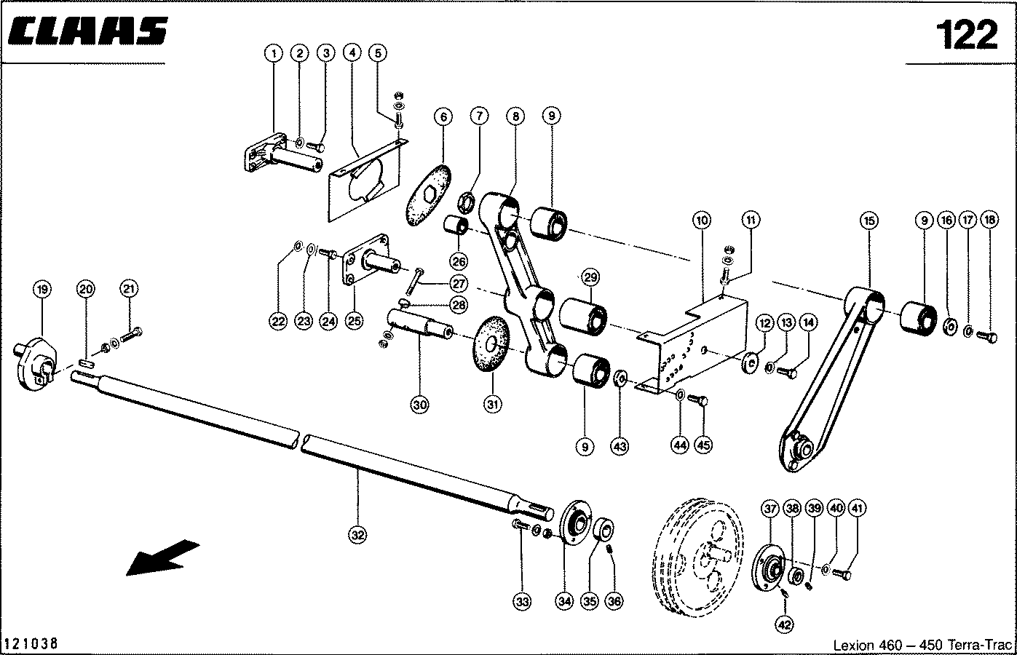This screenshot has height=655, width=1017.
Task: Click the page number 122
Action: [965, 34]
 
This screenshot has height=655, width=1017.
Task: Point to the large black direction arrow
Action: [162, 556]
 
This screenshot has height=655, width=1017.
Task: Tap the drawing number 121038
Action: [31, 644]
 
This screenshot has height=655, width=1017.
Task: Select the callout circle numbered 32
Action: [357, 536]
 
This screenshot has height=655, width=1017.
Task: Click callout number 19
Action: [42, 290]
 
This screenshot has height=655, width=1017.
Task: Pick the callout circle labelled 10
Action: [701, 220]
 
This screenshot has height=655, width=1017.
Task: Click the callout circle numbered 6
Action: [443, 116]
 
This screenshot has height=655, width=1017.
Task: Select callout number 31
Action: [494, 405]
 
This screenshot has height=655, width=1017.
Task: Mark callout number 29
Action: [590, 277]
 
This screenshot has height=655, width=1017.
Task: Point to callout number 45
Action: [703, 445]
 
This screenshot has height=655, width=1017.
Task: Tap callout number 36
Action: [614, 601]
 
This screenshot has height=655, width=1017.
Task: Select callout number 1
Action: [274, 52]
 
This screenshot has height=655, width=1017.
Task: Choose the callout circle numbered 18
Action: [989, 220]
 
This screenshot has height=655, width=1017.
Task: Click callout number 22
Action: [278, 322]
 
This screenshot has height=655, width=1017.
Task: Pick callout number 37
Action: [769, 509]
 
